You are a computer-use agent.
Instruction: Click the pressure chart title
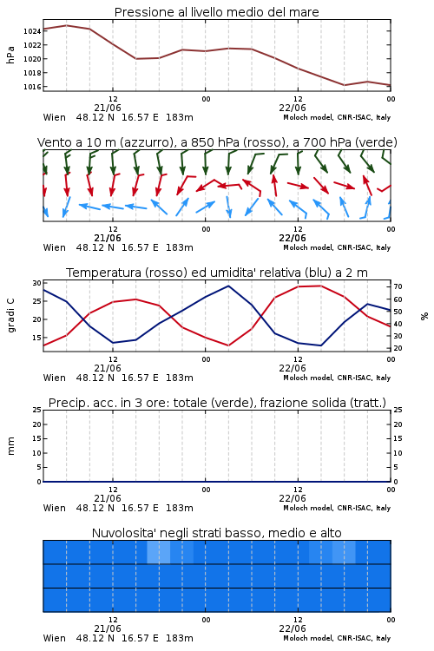tap(216, 12)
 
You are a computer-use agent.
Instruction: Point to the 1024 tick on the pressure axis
tap(32, 31)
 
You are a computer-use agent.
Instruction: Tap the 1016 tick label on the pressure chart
tap(32, 87)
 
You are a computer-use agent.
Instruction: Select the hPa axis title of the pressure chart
tap(10, 55)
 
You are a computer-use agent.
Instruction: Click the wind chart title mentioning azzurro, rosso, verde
tap(217, 142)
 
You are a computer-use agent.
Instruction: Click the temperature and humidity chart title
tap(217, 273)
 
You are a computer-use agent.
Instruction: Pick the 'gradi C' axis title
tap(10, 316)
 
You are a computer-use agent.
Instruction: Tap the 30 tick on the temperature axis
tap(37, 283)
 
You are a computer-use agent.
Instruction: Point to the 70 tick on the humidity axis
tap(398, 286)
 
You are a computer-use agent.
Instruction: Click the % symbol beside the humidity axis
tap(424, 316)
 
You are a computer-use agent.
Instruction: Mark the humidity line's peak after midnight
tap(228, 286)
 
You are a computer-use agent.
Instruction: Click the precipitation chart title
tap(217, 403)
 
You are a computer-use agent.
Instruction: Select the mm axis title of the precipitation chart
tap(10, 446)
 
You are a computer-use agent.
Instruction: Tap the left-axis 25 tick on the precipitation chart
tap(37, 410)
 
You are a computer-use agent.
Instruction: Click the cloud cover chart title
tap(216, 533)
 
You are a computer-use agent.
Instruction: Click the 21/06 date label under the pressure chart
tap(108, 108)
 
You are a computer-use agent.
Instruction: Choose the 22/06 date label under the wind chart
tap(293, 239)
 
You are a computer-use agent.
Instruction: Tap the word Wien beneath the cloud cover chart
tap(55, 638)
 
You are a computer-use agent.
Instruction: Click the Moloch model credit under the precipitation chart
tap(337, 508)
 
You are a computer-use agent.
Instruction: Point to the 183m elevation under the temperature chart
tap(180, 378)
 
